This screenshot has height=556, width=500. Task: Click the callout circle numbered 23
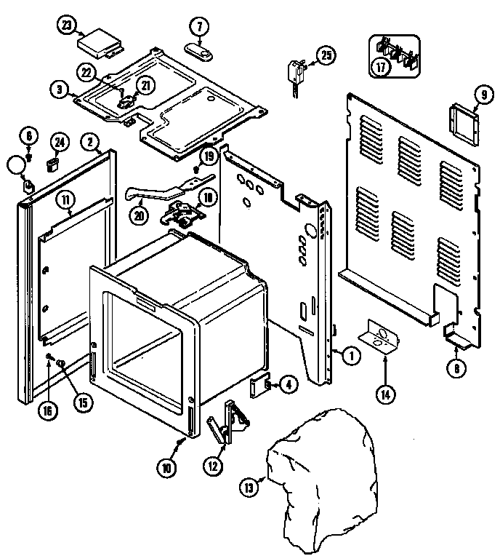68,25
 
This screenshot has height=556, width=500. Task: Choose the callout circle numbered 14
385,394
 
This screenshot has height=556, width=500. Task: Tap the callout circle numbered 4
288,385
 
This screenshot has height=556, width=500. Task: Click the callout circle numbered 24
58,141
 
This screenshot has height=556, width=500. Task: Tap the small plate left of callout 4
259,388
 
